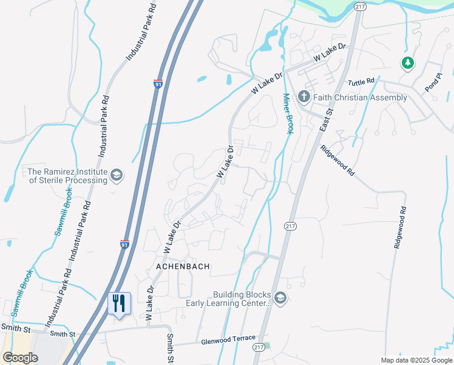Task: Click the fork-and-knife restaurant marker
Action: tap(118, 303)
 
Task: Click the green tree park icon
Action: tap(407, 62)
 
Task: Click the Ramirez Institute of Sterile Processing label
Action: tap(67, 176)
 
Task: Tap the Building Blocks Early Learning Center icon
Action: tap(280, 297)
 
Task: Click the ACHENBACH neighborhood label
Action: tap(183, 266)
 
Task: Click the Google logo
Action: tap(20, 358)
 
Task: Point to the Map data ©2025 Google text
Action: tap(416, 360)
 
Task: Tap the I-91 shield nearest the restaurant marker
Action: tap(124, 245)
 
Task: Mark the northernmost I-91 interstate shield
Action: tap(158, 84)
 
